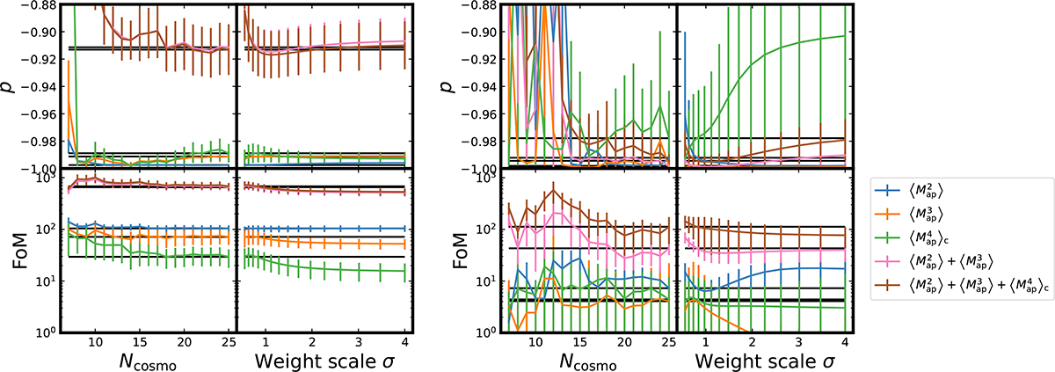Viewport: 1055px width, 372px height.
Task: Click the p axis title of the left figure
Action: [x=15, y=86]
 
